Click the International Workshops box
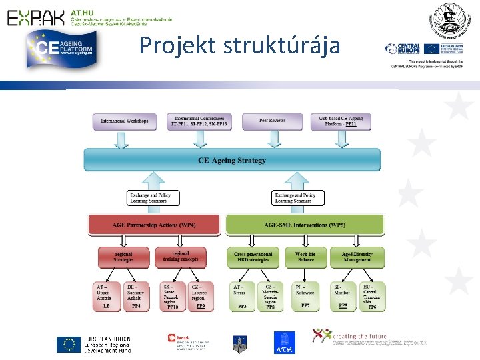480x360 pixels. [124, 121]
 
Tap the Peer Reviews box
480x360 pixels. [272, 121]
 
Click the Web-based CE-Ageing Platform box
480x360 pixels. [341, 121]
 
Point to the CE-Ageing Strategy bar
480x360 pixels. [232, 160]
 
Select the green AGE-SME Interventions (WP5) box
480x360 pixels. [305, 224]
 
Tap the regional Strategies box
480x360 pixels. [123, 257]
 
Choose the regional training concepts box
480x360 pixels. [181, 257]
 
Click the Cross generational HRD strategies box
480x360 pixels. [253, 257]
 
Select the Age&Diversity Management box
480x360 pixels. [357, 257]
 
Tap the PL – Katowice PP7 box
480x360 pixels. [305, 296]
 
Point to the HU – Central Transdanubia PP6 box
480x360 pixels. [371, 296]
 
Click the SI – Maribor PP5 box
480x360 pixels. [343, 296]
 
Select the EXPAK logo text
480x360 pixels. [37, 17]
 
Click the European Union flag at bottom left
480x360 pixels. [68, 343]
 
